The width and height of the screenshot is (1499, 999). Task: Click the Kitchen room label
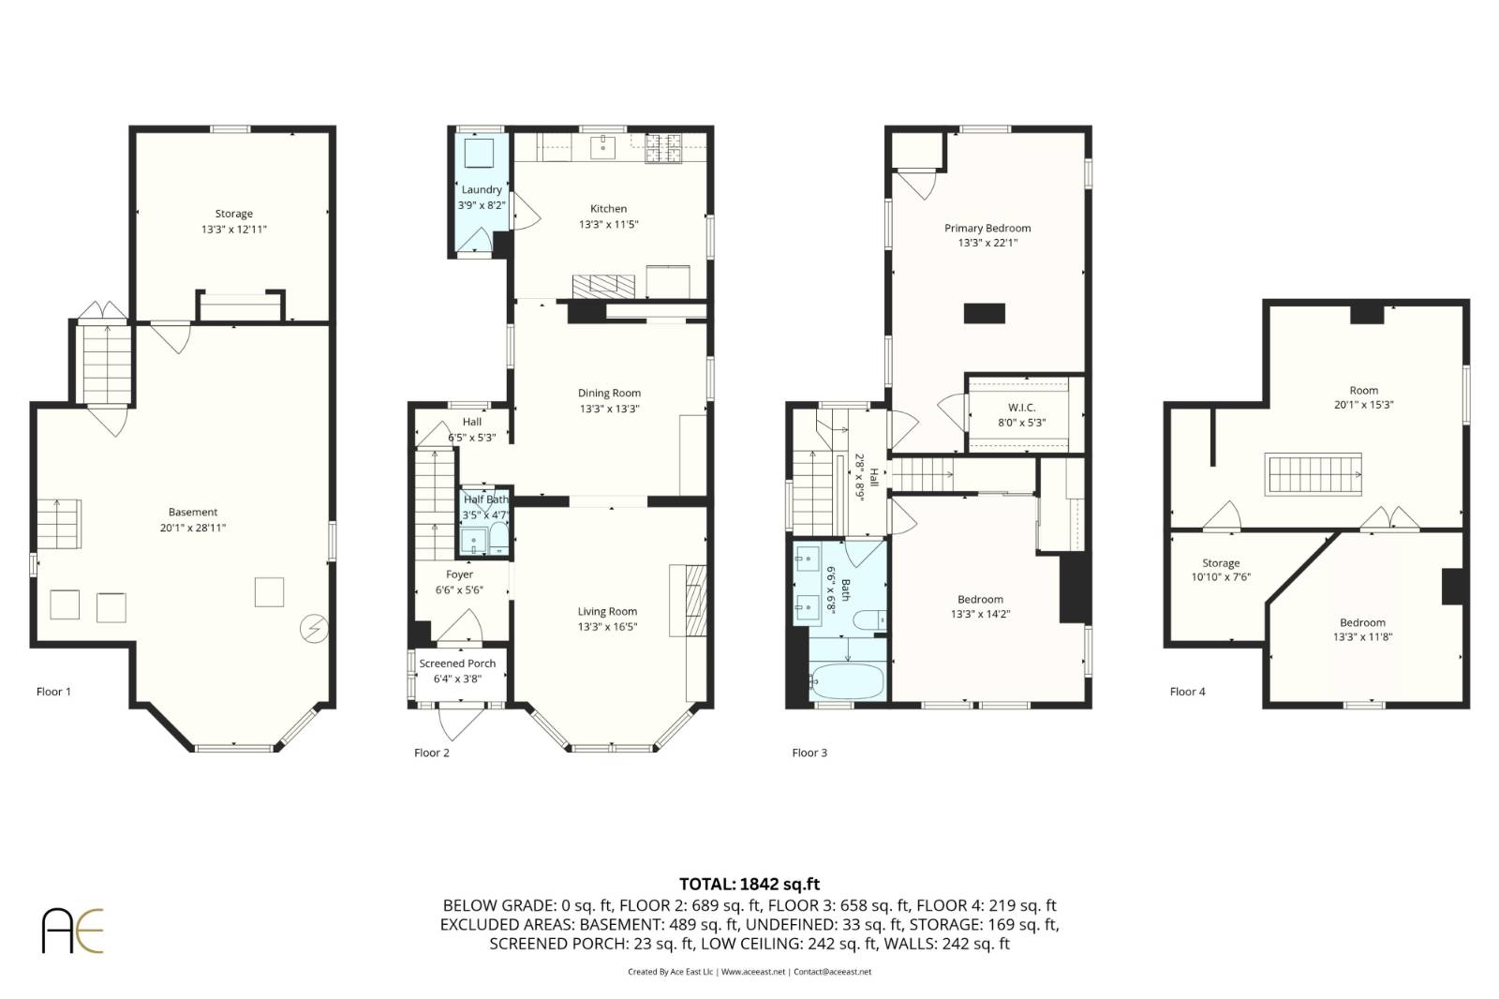[x=608, y=209]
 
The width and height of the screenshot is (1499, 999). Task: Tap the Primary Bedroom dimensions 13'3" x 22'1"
[x=987, y=243]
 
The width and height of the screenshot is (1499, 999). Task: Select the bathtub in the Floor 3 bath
[x=847, y=681]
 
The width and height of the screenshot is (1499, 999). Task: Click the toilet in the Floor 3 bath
[x=869, y=620]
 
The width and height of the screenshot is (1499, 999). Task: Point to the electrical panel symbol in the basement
[x=314, y=629]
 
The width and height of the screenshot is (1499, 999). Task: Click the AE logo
[x=72, y=931]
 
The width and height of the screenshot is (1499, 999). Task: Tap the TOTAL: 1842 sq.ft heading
[x=749, y=885]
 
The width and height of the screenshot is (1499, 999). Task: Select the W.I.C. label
[x=1022, y=408]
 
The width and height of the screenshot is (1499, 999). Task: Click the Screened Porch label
[x=458, y=664]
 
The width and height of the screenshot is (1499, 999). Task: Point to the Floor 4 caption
[x=1187, y=692]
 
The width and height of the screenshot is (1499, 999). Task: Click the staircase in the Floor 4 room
[x=1313, y=475]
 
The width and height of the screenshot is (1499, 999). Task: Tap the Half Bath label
[x=486, y=499]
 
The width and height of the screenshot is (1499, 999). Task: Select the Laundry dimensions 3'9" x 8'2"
[x=482, y=205]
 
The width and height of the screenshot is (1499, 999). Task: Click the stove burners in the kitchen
[x=663, y=148]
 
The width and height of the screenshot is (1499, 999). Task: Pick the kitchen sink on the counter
[x=603, y=146]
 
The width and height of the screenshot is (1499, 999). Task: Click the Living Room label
[x=607, y=611]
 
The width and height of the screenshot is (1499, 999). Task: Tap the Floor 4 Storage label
[x=1221, y=563]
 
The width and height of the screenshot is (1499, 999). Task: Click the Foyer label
[x=459, y=574]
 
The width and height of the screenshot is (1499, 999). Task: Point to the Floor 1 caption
[x=53, y=692]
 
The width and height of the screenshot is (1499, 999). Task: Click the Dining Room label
[x=609, y=393]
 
